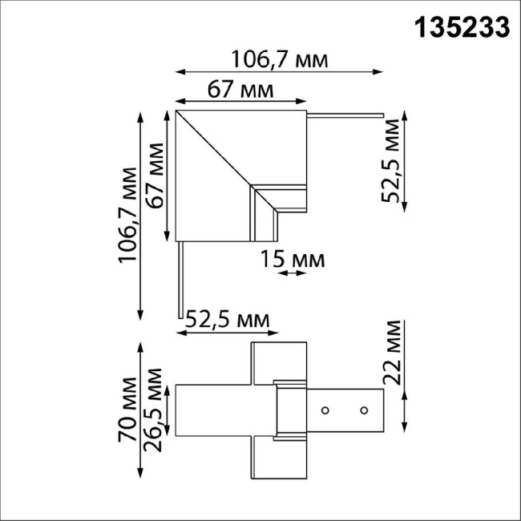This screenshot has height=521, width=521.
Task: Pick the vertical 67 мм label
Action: click(158, 176)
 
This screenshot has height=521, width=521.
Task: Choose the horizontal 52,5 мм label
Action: click(227, 320)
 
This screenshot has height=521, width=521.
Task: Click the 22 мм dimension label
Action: click(392, 353)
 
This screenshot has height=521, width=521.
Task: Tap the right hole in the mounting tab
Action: click(364, 410)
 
